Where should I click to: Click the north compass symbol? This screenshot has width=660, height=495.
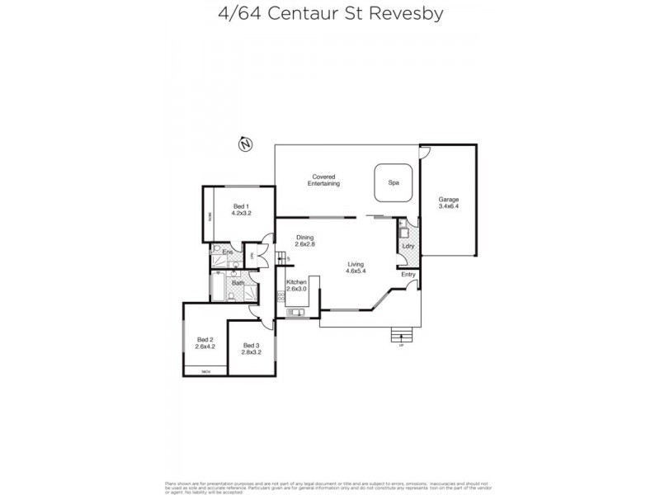point(244,144)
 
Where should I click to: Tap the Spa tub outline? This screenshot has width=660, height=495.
point(394,181)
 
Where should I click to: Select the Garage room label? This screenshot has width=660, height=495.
point(449,200)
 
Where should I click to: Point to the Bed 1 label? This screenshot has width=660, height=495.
point(240,205)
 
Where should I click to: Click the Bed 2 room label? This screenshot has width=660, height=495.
point(205,340)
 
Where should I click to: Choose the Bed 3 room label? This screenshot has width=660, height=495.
point(251,345)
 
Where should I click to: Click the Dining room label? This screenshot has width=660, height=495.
point(306,238)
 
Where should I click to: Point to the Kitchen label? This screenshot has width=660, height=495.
point(296,282)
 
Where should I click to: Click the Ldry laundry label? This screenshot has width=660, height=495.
point(407,245)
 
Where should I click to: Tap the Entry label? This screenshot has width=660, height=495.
point(408,275)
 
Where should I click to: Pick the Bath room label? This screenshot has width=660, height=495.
point(237,283)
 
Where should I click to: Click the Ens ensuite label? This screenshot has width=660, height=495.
point(228,251)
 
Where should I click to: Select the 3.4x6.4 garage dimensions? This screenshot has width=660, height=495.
point(449,208)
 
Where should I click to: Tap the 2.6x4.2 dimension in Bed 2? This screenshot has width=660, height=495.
point(205,347)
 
